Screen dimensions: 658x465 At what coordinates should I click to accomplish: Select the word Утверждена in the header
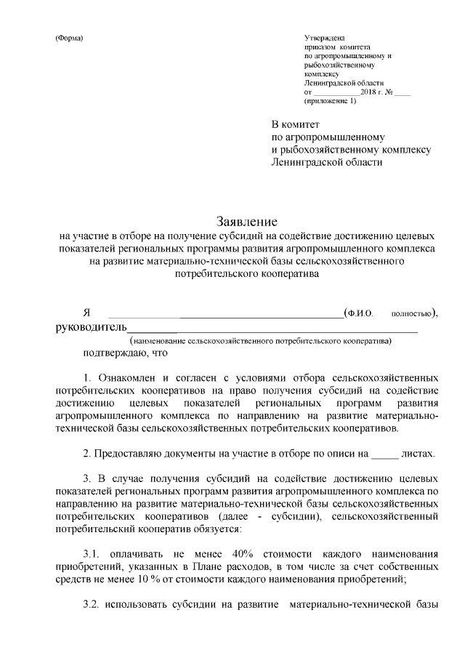(325, 38)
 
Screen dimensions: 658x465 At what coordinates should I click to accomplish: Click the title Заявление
(248, 220)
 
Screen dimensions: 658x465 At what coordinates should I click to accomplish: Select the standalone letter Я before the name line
(87, 313)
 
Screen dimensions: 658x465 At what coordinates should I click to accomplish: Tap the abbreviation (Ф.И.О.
(360, 314)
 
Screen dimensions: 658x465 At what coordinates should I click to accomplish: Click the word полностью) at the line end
(414, 314)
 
